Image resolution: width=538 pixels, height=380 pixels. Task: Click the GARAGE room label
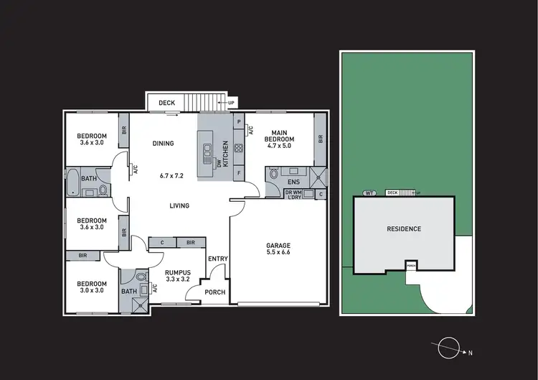278,246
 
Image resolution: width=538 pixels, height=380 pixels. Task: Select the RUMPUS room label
176,272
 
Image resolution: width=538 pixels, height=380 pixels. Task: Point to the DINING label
163,143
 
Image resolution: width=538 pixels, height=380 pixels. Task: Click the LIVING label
179,206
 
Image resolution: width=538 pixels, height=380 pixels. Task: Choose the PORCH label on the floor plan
215,292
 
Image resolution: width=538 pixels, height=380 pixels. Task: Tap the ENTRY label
217,259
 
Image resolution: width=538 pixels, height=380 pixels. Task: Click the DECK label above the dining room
166,103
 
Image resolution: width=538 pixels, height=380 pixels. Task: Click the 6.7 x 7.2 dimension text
172,175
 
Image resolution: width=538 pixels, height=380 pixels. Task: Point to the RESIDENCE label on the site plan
404,229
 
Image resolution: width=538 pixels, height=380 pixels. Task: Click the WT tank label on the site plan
369,193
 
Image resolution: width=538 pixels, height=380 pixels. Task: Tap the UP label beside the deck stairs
231,103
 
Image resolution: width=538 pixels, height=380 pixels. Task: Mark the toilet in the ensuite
273,173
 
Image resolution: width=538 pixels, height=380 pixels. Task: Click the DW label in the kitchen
220,163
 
